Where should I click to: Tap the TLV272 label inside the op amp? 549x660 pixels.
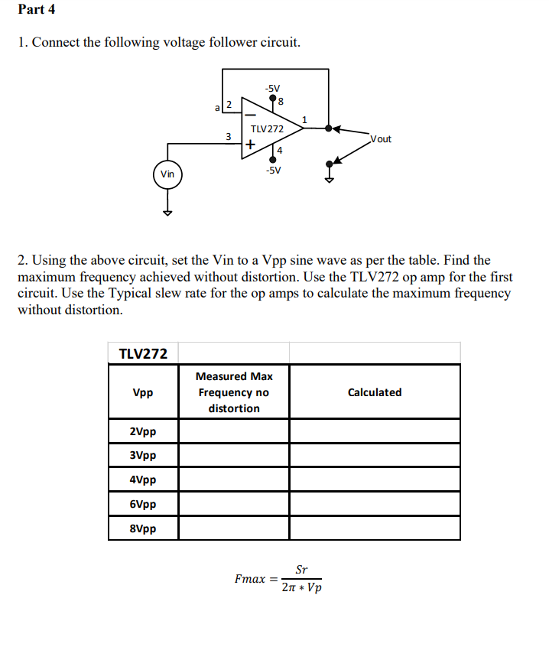tap(267, 129)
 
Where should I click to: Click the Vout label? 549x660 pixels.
tap(380, 139)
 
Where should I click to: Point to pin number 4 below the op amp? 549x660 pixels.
tap(280, 151)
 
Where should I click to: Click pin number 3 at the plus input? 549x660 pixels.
tap(228, 136)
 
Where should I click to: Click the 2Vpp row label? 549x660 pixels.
tap(143, 431)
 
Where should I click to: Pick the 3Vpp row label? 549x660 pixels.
tap(143, 456)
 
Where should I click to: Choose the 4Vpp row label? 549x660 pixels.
tap(143, 480)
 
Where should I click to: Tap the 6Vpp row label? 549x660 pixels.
tap(143, 505)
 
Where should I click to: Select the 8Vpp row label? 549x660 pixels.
tap(143, 529)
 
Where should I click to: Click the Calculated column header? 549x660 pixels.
tap(374, 392)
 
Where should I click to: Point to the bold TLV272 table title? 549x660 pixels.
tap(143, 353)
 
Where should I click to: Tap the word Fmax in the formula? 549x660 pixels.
tap(251, 579)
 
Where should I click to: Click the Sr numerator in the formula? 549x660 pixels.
tap(301, 570)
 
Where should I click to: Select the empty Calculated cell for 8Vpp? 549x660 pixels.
tap(375, 529)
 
